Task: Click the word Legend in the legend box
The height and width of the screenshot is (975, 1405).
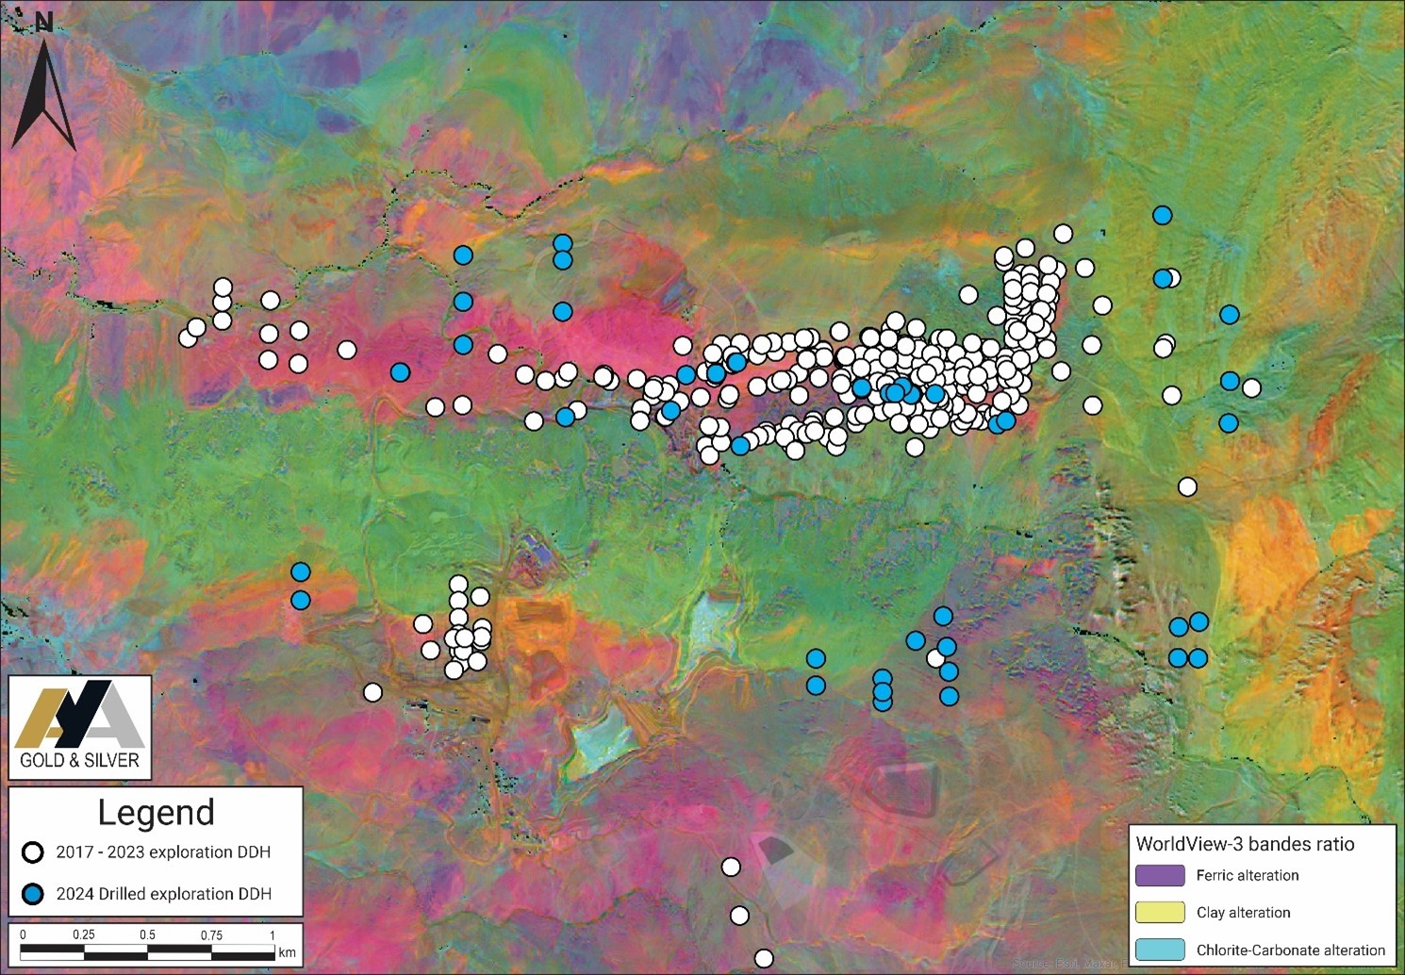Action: click(157, 813)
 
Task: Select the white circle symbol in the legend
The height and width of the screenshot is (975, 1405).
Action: click(34, 852)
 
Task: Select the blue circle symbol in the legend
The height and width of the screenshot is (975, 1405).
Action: click(34, 894)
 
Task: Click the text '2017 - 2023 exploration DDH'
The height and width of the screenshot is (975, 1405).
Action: click(163, 852)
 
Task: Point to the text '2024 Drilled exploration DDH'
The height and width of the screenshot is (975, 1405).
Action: click(163, 894)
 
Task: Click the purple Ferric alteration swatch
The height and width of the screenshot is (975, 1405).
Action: click(1160, 875)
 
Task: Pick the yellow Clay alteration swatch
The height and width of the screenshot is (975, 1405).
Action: click(1160, 912)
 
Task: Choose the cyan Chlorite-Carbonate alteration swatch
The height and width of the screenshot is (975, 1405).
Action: click(1160, 950)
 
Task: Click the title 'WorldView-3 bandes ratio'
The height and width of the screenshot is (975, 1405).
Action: click(1245, 844)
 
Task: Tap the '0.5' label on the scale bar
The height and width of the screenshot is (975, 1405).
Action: click(147, 935)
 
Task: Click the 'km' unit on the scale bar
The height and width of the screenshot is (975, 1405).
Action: click(287, 952)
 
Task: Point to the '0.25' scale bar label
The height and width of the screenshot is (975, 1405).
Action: click(84, 935)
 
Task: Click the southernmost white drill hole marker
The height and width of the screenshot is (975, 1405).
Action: click(764, 959)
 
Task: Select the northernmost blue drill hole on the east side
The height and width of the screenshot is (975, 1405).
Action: click(1163, 215)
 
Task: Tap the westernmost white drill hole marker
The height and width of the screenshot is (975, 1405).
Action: click(188, 337)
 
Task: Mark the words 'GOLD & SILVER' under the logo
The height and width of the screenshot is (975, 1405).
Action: click(80, 760)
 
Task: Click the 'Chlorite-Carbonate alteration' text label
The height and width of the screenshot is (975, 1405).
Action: click(1291, 950)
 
